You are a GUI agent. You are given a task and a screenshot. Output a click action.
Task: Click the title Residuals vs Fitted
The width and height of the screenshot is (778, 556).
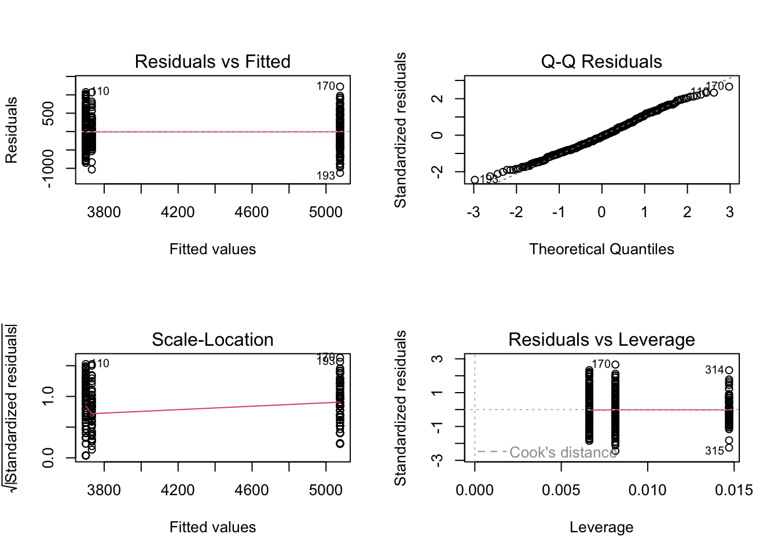(212, 61)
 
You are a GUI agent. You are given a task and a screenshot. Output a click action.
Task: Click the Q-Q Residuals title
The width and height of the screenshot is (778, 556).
(601, 61)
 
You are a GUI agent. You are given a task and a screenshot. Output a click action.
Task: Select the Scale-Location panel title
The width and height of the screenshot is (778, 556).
(212, 339)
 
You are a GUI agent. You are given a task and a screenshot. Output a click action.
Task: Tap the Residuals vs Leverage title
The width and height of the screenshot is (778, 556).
(601, 339)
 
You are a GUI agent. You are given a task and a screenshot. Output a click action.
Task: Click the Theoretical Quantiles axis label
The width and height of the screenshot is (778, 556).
(601, 249)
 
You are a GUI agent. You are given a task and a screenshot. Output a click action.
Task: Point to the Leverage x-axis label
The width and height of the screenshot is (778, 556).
(601, 527)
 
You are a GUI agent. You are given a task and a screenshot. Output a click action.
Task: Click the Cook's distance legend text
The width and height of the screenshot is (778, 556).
(563, 452)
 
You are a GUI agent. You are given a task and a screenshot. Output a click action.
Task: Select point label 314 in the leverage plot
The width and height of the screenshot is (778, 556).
(714, 370)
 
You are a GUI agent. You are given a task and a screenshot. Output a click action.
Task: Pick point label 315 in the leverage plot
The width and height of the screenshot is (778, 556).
(714, 451)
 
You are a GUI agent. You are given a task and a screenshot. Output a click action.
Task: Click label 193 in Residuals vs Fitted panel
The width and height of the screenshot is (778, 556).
(325, 175)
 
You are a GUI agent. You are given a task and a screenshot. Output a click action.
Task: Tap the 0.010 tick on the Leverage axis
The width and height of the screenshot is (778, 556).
(647, 491)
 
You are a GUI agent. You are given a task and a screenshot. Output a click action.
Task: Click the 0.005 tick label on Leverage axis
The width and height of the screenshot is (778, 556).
(561, 491)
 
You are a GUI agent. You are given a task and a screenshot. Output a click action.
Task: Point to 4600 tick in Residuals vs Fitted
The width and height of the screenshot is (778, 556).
(252, 213)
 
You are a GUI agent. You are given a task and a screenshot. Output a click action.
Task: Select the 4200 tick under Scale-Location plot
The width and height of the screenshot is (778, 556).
(178, 491)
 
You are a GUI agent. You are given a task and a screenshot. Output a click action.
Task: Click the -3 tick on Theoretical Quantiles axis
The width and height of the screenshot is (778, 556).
(474, 213)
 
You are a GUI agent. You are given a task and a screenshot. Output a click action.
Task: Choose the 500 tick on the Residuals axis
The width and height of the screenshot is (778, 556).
(49, 113)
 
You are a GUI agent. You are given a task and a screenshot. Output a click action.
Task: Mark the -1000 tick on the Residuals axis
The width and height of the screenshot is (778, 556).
(49, 169)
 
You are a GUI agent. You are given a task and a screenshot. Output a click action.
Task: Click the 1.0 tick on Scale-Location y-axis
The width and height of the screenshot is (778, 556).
(49, 396)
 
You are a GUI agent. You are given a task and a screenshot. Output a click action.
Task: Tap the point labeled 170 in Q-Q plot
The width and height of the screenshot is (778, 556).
(729, 87)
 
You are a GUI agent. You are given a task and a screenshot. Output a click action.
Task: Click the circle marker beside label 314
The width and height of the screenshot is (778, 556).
(729, 370)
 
